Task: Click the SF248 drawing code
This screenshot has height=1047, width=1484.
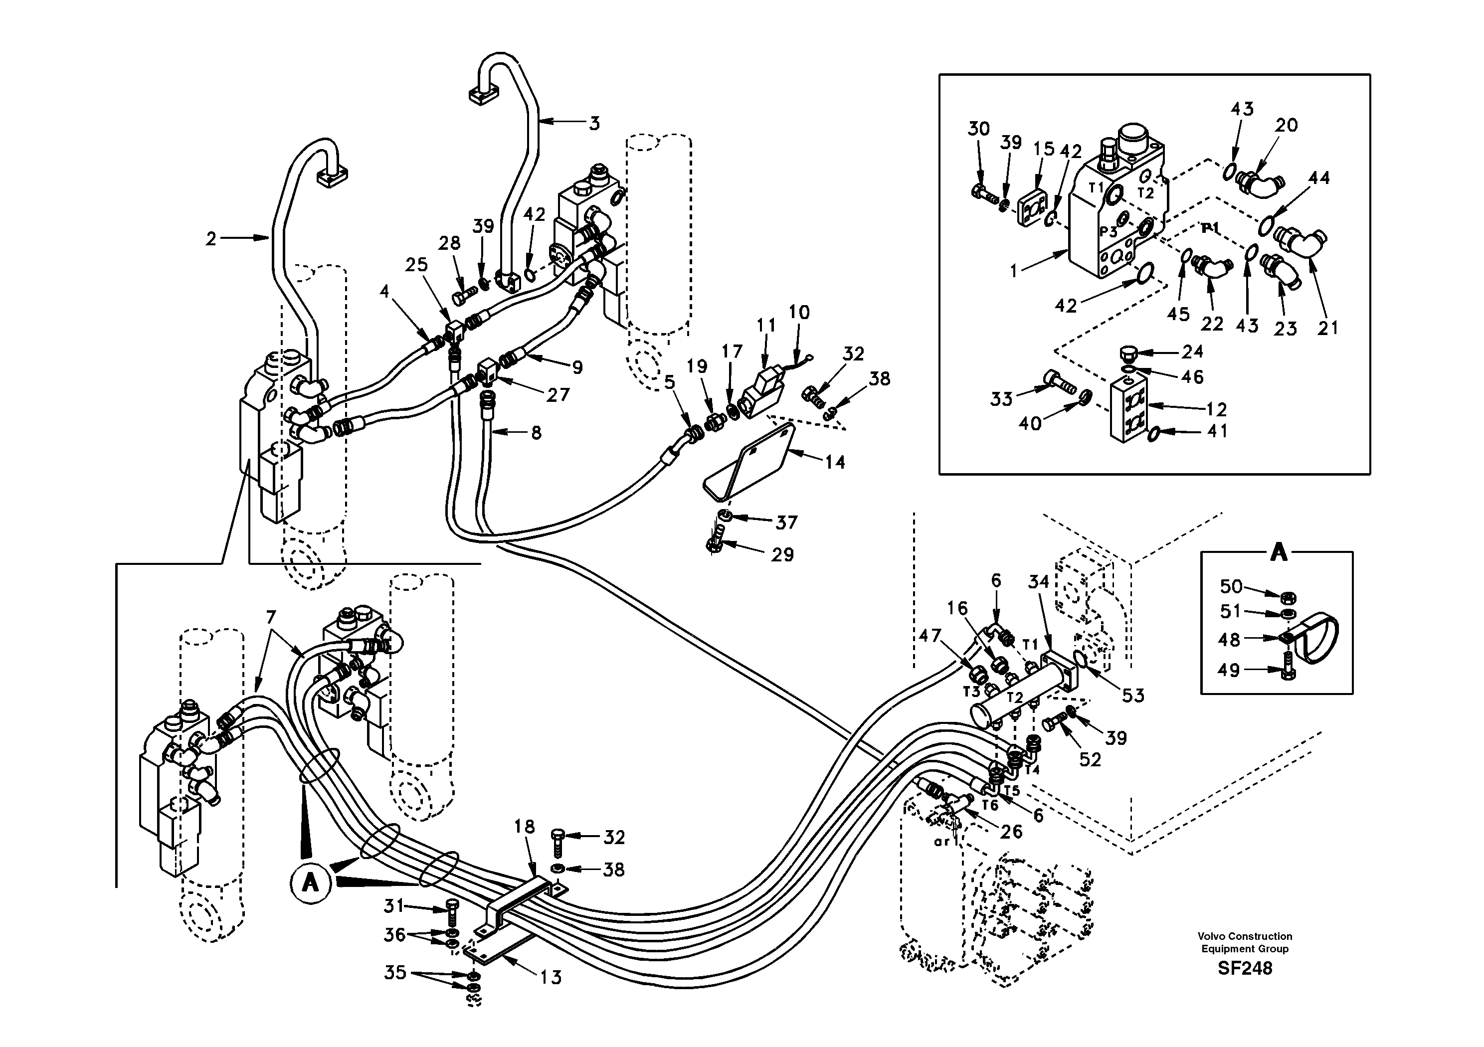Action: click(1244, 968)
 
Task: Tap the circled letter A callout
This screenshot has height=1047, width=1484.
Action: click(310, 881)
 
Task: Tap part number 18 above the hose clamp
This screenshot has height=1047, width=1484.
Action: click(525, 827)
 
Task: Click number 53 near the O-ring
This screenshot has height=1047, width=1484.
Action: click(1132, 696)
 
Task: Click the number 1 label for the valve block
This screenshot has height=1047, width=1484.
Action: click(1013, 271)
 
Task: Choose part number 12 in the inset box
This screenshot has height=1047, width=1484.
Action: click(1216, 409)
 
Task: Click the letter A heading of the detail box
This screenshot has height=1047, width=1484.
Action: click(1279, 553)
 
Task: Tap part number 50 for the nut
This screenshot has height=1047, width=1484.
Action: click(1231, 586)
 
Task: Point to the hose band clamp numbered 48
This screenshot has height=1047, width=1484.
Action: click(1315, 640)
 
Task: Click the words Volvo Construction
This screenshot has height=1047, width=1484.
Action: click(1244, 936)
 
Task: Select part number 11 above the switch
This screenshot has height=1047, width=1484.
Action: click(766, 325)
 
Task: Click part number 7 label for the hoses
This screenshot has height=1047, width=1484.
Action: click(270, 618)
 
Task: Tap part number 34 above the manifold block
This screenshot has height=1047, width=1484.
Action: click(1038, 582)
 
